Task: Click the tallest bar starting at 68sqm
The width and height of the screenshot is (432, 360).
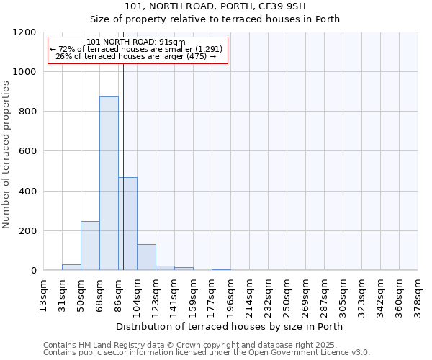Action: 109,184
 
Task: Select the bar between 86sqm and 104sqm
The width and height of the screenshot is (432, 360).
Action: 127,223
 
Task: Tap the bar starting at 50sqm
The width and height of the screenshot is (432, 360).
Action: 90,246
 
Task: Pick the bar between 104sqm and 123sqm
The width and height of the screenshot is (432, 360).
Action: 146,257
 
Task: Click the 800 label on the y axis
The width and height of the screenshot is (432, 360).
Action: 28,112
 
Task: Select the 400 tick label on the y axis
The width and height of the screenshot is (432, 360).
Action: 28,192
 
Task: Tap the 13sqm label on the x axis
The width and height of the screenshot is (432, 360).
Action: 44,294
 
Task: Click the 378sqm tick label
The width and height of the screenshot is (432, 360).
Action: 418,294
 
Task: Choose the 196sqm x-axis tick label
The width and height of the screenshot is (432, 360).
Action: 230,294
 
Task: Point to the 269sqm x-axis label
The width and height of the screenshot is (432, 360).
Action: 305,294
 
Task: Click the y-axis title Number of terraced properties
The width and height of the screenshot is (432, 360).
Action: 6,155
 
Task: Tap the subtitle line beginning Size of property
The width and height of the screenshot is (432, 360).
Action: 215,19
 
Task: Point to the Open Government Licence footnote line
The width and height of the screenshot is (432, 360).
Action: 207,353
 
